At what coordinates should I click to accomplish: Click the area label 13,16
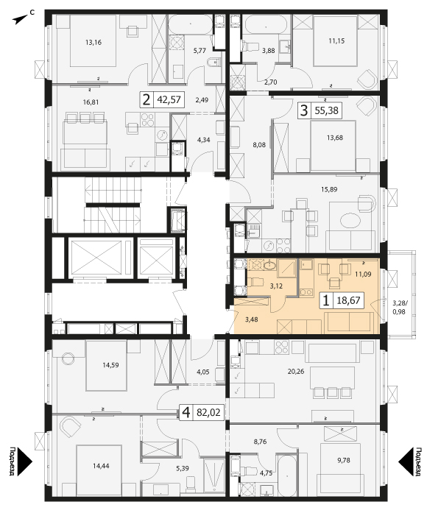93,42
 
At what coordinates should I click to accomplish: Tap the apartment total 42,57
169,99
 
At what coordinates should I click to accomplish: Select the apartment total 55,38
326,110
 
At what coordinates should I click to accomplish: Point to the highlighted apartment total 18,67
348,300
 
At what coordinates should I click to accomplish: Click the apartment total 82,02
208,412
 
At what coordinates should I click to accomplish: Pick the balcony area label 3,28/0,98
399,308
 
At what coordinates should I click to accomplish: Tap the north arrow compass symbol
21,20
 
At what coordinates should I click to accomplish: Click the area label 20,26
296,372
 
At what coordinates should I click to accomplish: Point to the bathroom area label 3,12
276,286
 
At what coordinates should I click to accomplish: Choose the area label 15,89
329,189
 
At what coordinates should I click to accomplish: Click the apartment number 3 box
304,110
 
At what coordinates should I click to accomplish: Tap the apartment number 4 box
186,412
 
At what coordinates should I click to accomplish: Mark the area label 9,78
344,460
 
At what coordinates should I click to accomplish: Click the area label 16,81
91,102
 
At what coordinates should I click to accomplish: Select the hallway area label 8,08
259,144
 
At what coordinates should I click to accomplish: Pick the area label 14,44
101,466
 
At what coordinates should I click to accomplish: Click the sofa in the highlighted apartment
349,322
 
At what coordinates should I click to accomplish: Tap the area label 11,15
336,41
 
